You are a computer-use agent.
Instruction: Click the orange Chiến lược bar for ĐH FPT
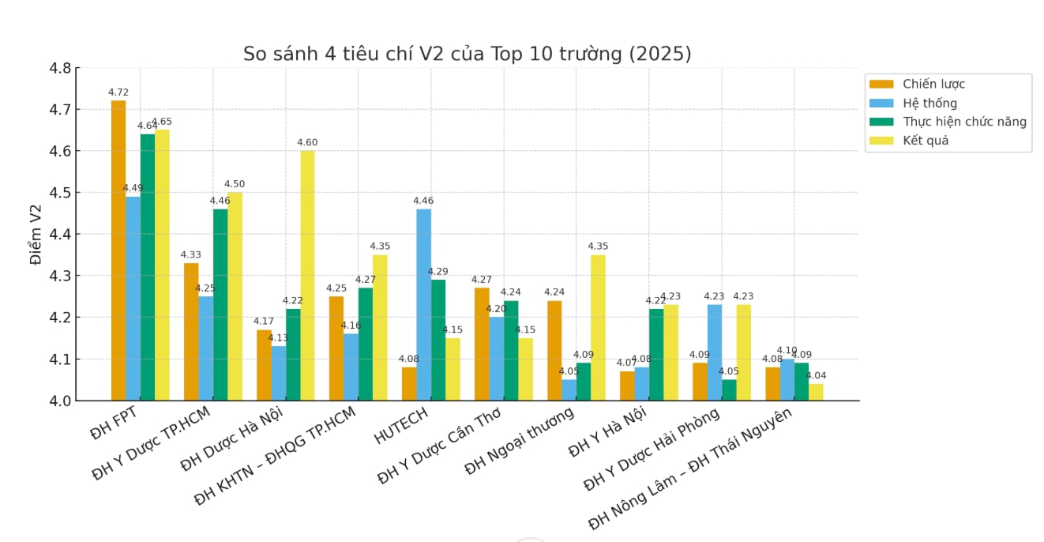tap(118, 250)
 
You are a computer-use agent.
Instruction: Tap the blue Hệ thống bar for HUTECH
tap(424, 304)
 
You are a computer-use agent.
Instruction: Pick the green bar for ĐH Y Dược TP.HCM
tap(220, 304)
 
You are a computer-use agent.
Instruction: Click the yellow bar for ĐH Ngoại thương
tap(598, 327)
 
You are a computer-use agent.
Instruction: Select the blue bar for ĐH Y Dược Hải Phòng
tap(715, 352)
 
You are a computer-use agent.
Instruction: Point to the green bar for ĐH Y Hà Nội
tap(656, 355)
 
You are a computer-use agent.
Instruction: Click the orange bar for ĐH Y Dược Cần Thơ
tap(482, 344)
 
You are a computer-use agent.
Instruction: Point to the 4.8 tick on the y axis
tap(62, 69)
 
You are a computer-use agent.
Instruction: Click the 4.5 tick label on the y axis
tap(62, 193)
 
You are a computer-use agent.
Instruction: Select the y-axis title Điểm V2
tap(36, 235)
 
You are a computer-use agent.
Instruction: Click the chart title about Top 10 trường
tap(467, 54)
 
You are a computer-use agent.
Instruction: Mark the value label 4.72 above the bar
tap(118, 92)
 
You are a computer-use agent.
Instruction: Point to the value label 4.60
tap(307, 142)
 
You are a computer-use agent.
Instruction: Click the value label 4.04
tap(817, 375)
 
